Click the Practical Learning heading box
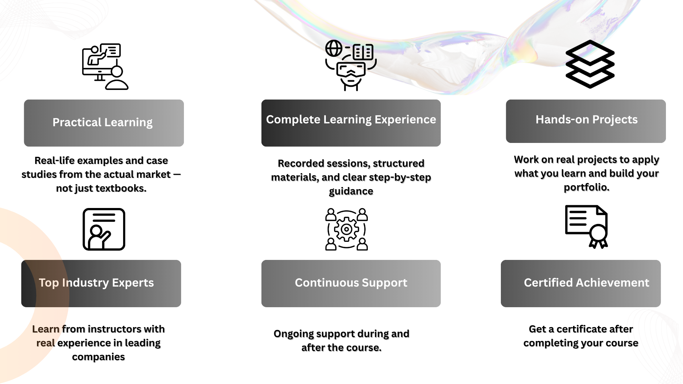[x=104, y=123]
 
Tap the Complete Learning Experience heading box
[x=351, y=123]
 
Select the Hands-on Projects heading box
[x=586, y=121]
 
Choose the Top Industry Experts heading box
[x=101, y=283]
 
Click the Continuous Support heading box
[x=351, y=283]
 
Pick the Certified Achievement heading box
[x=581, y=283]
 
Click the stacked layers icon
[x=590, y=64]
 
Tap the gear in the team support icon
[x=346, y=229]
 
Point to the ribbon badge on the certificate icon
[x=598, y=235]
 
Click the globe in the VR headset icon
[x=334, y=48]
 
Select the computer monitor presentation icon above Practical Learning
[x=105, y=66]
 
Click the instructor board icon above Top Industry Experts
[x=104, y=229]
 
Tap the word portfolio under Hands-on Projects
[x=586, y=187]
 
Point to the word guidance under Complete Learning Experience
[x=351, y=191]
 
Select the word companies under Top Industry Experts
[x=98, y=357]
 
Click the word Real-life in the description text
[x=54, y=161]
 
